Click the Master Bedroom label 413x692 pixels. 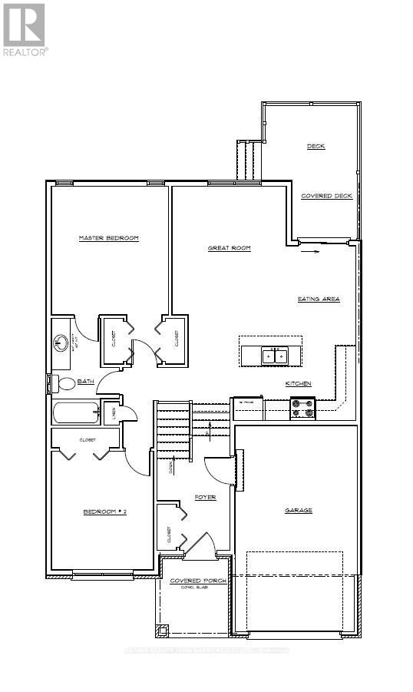108,238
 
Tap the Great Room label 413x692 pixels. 230,248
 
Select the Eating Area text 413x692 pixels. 319,299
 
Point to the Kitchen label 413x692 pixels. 298,384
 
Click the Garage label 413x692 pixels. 299,510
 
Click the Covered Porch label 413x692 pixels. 198,581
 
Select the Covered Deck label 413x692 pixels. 326,196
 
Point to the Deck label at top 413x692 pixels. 316,146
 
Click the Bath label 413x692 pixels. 84,381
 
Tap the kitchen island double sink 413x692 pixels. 273,356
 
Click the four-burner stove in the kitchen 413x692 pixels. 302,408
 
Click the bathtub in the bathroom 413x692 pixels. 76,412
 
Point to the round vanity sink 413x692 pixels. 61,341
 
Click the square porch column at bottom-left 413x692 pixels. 162,631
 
